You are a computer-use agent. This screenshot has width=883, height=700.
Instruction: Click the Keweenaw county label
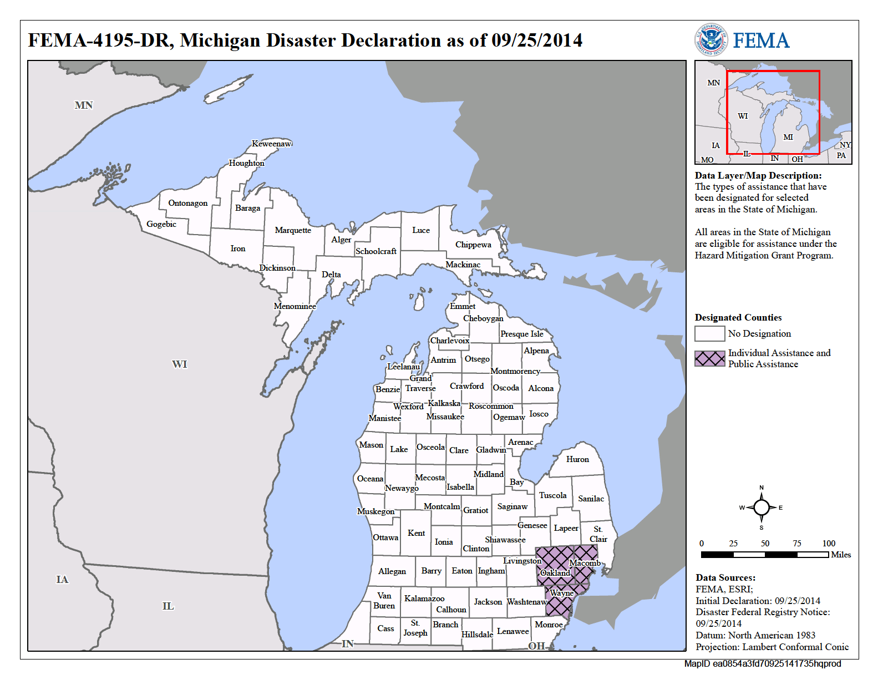pos(271,144)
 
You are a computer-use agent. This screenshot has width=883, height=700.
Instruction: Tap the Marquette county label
pos(293,230)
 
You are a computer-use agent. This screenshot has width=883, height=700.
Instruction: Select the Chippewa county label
pos(473,245)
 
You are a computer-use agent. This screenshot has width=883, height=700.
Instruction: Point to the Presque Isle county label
pos(521,334)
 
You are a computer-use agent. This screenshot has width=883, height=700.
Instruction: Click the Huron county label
pos(577,459)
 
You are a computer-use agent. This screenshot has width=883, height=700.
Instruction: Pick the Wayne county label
pos(561,593)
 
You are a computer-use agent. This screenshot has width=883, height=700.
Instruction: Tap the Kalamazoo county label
pos(424,598)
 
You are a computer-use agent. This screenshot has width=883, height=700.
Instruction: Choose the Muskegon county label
pos(375,511)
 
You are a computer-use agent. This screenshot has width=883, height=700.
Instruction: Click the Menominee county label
pos(295,306)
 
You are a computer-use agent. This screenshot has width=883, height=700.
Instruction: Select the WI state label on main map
pos(179,364)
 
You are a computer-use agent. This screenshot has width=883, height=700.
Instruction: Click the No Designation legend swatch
pos(709,333)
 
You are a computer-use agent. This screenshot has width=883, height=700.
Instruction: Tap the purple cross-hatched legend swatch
pos(709,358)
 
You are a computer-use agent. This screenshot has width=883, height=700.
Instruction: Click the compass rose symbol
pos(761,508)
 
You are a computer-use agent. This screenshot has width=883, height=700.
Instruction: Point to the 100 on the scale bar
pos(829,544)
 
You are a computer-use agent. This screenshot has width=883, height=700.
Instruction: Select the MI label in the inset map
pos(788,137)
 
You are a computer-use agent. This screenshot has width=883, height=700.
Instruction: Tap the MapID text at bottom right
pos(762,664)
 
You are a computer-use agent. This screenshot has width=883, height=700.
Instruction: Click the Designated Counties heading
pos(738,318)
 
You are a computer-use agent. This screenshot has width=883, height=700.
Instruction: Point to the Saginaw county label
pos(512,506)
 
